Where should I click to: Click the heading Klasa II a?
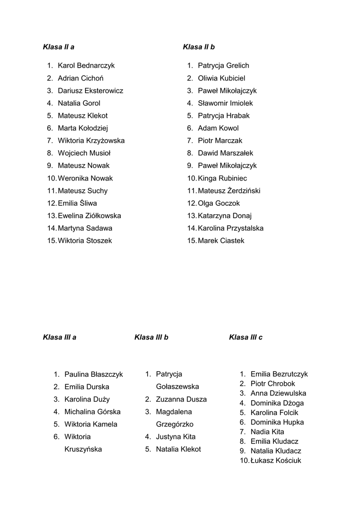[x=59, y=47]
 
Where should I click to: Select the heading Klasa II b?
[x=199, y=47]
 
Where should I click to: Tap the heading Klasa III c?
[x=246, y=337]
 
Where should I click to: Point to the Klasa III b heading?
[x=151, y=337]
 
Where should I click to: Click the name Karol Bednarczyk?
[x=86, y=66]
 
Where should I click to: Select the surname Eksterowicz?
[x=104, y=90]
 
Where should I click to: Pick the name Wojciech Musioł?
[x=84, y=153]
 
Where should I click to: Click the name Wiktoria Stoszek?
[x=85, y=241]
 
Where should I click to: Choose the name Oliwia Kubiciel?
[x=221, y=78]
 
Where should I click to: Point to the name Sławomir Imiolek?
[x=225, y=103]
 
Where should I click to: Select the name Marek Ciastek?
[x=221, y=241]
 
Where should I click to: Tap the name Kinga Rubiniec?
[x=222, y=178]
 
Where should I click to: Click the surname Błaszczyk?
[x=107, y=374]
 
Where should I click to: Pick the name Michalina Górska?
[x=92, y=412]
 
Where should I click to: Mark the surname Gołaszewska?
[x=178, y=387]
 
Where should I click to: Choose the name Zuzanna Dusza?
[x=181, y=399]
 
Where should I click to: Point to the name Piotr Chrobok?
[x=272, y=384]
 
